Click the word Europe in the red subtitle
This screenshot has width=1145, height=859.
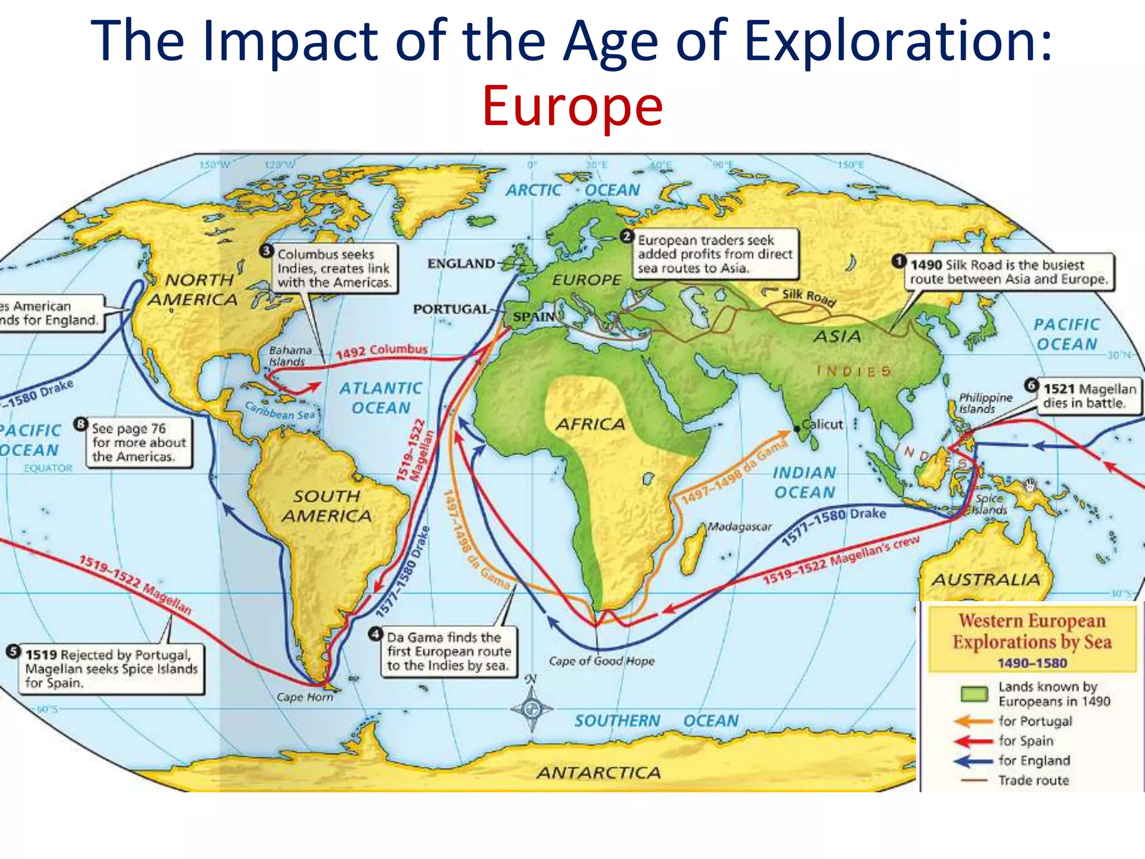(x=572, y=106)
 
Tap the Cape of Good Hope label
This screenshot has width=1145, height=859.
(x=601, y=661)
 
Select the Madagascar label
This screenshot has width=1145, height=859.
(x=739, y=526)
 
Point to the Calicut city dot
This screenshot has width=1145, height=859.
(x=797, y=429)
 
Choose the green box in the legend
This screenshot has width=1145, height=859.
(x=974, y=694)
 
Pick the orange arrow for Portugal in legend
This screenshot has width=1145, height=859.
(x=974, y=721)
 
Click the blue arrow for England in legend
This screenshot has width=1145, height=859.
(x=974, y=761)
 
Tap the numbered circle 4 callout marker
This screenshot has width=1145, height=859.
(x=376, y=635)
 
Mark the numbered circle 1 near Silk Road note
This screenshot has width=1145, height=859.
(x=898, y=261)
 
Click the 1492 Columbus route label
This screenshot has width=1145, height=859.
(x=381, y=351)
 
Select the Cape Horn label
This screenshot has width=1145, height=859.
(x=305, y=697)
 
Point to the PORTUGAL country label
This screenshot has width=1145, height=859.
(x=451, y=309)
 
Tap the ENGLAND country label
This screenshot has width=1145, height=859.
(x=461, y=263)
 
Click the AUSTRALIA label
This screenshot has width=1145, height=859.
(x=985, y=579)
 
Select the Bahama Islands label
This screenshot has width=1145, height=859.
(x=290, y=356)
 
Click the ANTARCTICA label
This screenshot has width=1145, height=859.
(x=598, y=773)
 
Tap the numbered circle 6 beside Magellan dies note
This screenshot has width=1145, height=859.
(x=1032, y=385)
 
